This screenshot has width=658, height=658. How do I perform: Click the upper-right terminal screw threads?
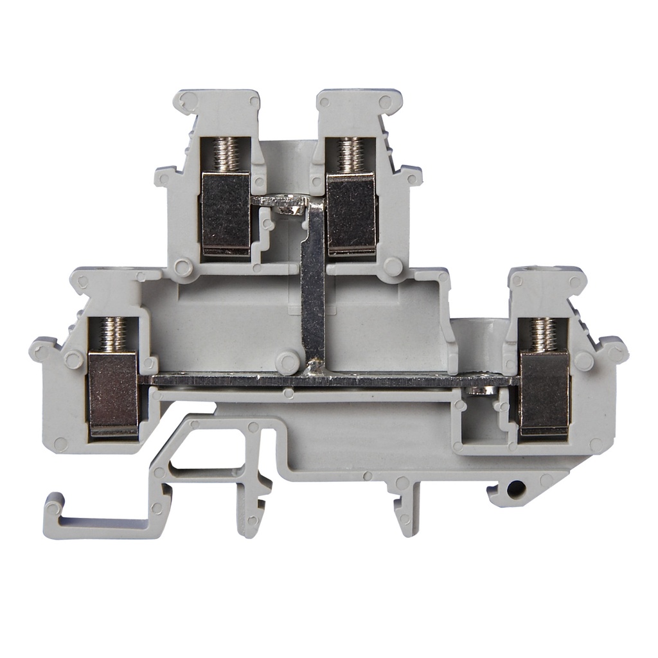pos(350,155)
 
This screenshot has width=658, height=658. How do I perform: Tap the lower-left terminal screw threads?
pos(113,334)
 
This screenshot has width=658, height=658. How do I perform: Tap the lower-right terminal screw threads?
pos(544,334)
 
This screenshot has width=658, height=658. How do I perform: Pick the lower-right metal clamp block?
pos(544,393)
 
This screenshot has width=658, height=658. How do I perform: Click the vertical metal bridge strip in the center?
pos(313,283)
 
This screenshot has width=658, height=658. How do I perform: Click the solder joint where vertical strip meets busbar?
pos(314,368)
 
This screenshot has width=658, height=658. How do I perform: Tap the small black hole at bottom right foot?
pos(513,490)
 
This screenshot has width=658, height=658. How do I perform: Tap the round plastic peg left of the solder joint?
pos(287,363)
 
